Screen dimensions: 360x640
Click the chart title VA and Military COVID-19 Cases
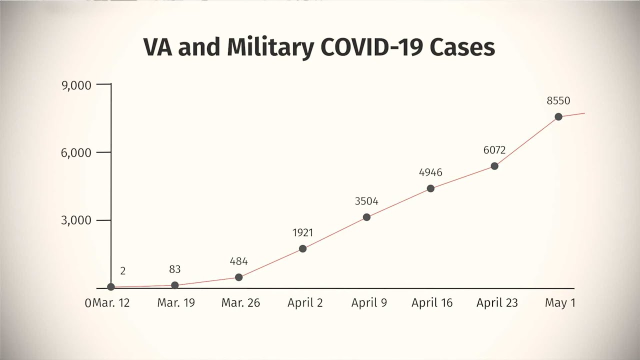coord(319,47)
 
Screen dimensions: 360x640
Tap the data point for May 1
coord(558,116)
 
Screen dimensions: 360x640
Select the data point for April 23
coord(494,166)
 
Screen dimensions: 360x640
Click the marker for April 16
coord(430,188)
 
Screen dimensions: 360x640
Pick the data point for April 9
coord(366,217)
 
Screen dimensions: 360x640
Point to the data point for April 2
coord(302,248)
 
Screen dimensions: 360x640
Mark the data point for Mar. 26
coord(238,277)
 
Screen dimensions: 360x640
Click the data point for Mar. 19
coord(174,285)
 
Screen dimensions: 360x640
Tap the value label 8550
coord(558,101)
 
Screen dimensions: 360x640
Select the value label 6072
coord(494,150)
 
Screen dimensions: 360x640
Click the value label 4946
coord(430,173)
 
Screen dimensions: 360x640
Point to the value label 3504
coord(366,201)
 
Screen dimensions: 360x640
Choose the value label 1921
coord(302,232)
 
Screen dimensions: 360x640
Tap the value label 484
coord(238,261)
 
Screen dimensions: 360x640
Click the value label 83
coord(174,269)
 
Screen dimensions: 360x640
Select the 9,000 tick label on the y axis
coord(76,85)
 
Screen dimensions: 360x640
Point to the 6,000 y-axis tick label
coord(76,153)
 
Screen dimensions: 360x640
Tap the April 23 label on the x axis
coord(497,303)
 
